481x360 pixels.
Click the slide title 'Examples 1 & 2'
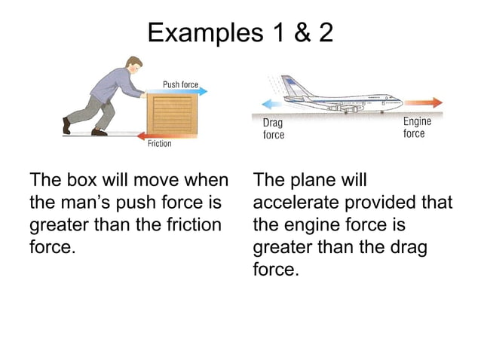(x=240, y=32)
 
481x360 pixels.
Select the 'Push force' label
(x=181, y=84)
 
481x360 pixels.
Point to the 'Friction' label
(x=159, y=143)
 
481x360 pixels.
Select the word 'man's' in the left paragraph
(x=88, y=203)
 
